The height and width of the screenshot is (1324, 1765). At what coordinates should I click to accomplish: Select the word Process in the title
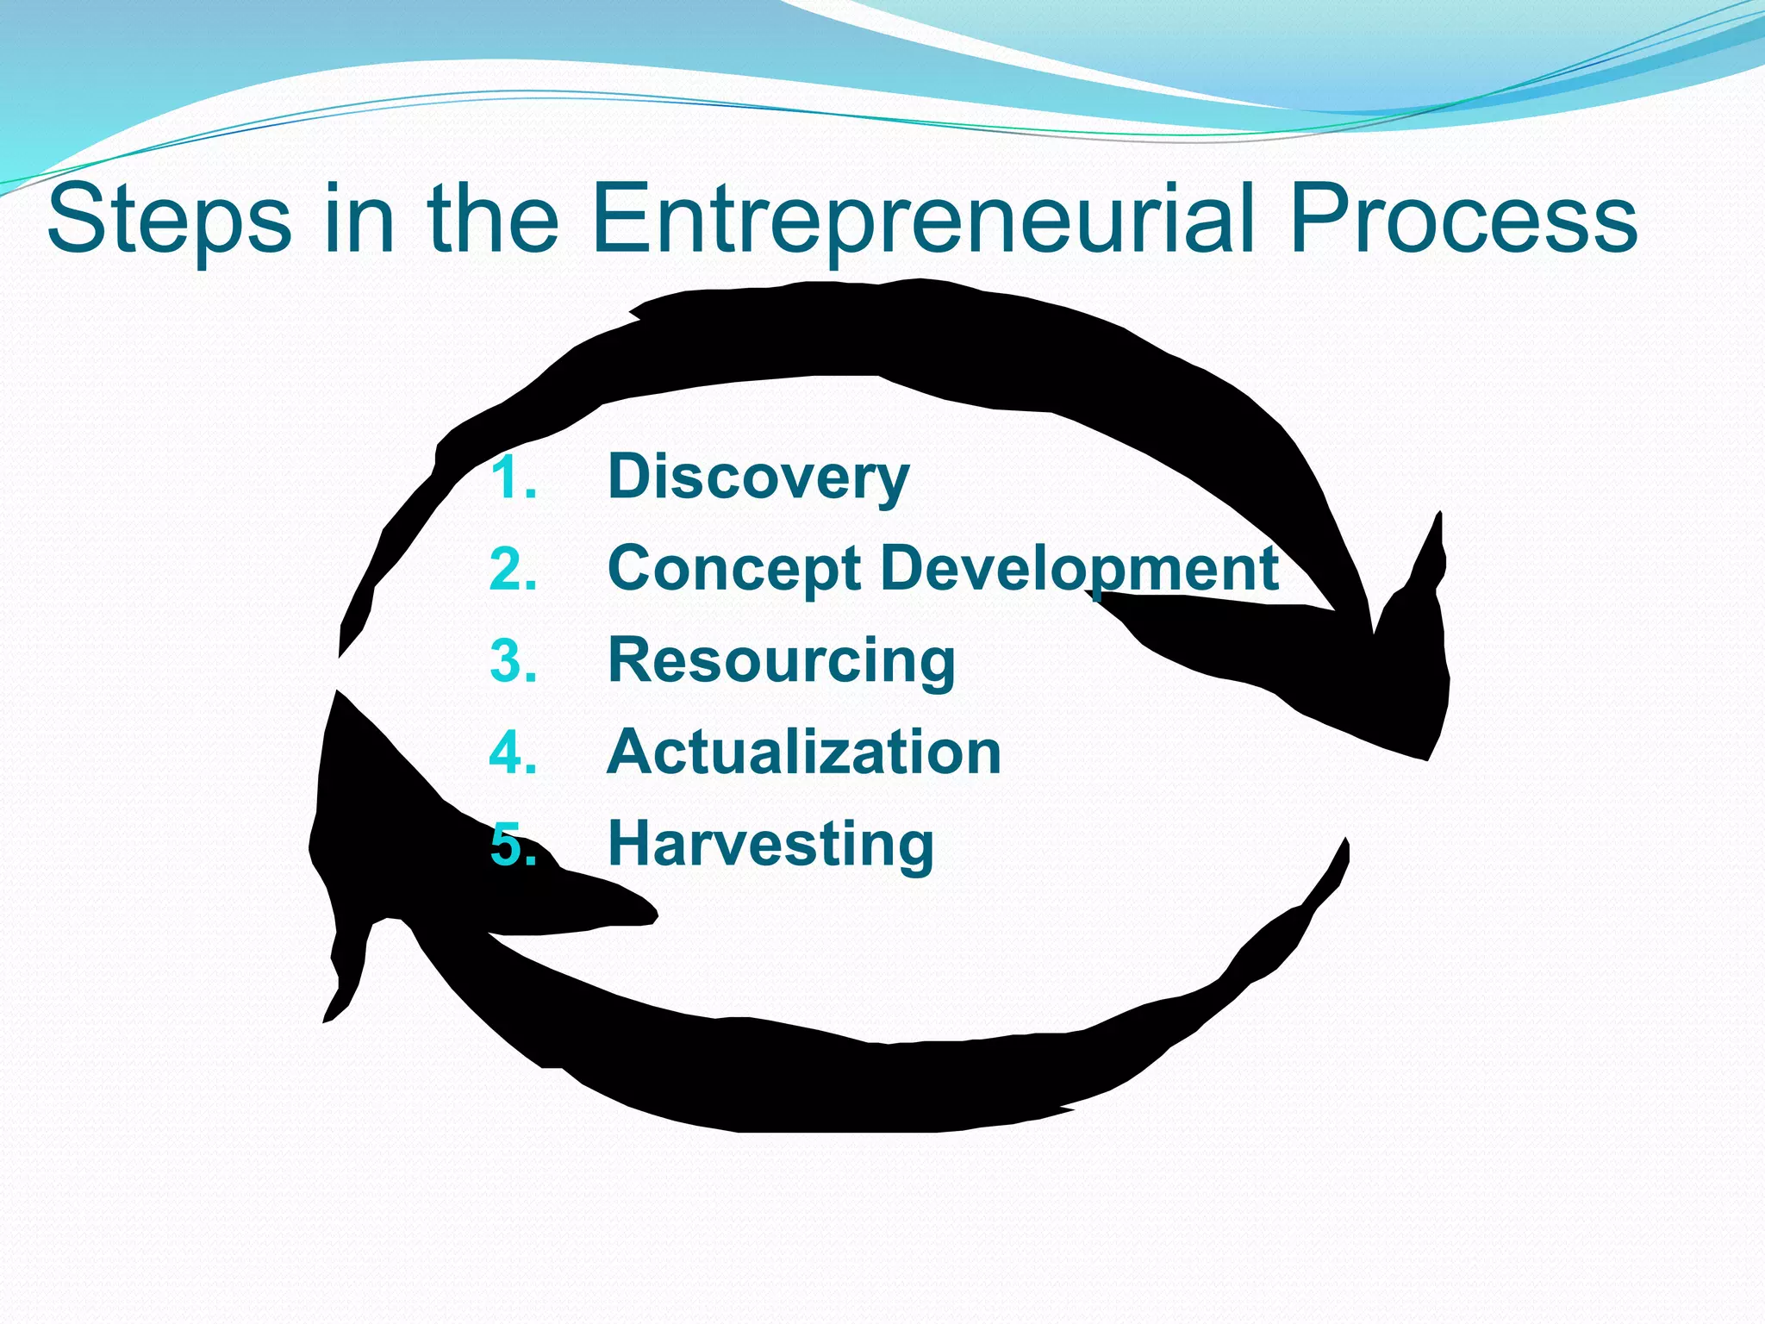1463,220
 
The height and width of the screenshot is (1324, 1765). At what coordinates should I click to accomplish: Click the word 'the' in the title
492,220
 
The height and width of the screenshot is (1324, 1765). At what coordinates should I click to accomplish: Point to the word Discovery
758,477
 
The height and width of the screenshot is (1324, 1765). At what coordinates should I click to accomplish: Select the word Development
1080,569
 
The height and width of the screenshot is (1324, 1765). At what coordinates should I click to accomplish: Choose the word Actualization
804,752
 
